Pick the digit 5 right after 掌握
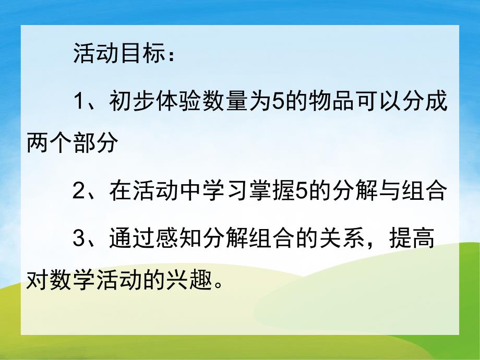click(x=300, y=191)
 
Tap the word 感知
click(x=194, y=238)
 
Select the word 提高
click(x=413, y=238)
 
